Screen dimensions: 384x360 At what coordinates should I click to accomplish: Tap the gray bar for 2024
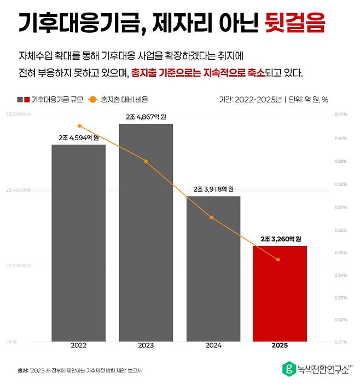coord(213,268)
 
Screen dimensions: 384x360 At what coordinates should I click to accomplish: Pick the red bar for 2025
coord(280,294)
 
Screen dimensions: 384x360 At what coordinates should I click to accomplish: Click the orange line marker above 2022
coord(79,126)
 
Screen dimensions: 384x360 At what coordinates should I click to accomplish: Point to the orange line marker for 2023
coord(146,161)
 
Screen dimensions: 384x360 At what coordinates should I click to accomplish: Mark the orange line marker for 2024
coord(212,217)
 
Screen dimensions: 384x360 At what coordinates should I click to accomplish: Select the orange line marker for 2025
coord(278,259)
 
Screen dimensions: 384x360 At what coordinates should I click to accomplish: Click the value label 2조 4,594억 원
coord(79,137)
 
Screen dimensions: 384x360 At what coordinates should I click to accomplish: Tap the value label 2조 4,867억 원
coord(146,117)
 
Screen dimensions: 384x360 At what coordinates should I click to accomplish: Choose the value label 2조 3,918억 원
coord(213,189)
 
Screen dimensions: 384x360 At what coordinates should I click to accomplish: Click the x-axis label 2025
coord(280,346)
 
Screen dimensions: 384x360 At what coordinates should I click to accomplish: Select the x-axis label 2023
coord(146,346)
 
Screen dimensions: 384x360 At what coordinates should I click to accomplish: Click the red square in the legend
coord(26,100)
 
